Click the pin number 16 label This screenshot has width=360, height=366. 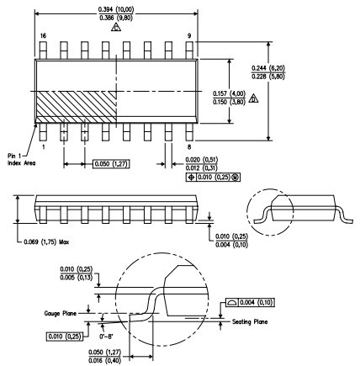pos(43,36)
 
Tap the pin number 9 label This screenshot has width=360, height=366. pos(189,36)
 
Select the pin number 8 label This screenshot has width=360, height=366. pos(189,146)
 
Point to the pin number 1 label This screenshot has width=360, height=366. pos(44,146)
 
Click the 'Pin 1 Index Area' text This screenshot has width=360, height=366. pos(22,159)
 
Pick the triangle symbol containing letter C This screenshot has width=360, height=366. pos(116,28)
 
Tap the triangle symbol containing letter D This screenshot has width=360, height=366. pos(253,98)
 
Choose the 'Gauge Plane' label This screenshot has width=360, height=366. pos(61,313)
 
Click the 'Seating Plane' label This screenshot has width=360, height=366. pos(250,321)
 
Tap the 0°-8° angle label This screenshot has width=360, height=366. pos(107,337)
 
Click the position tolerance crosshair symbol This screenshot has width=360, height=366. pos(191,178)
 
